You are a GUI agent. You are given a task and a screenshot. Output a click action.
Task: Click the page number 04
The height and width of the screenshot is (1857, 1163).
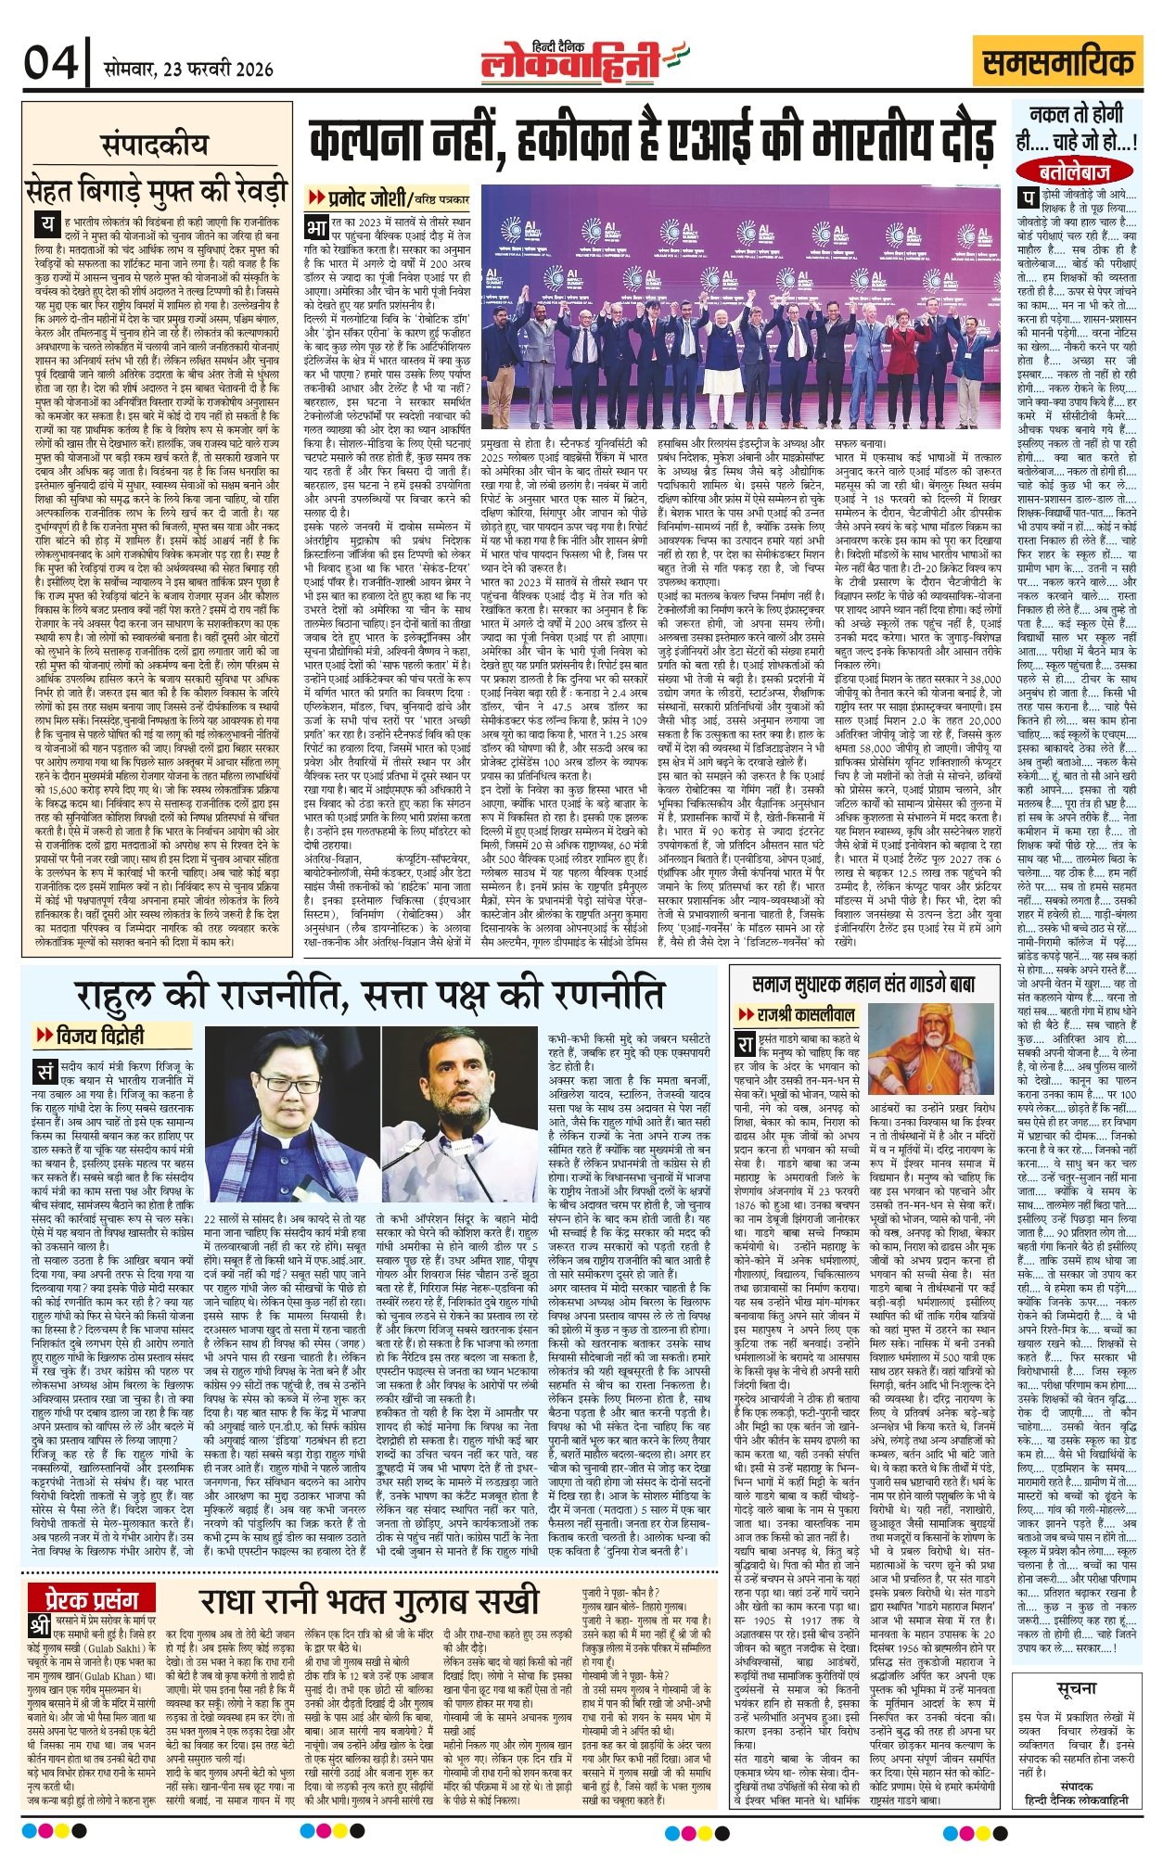[x=51, y=65]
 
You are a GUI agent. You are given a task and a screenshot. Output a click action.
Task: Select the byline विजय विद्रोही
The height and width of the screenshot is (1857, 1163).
[x=97, y=1035]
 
